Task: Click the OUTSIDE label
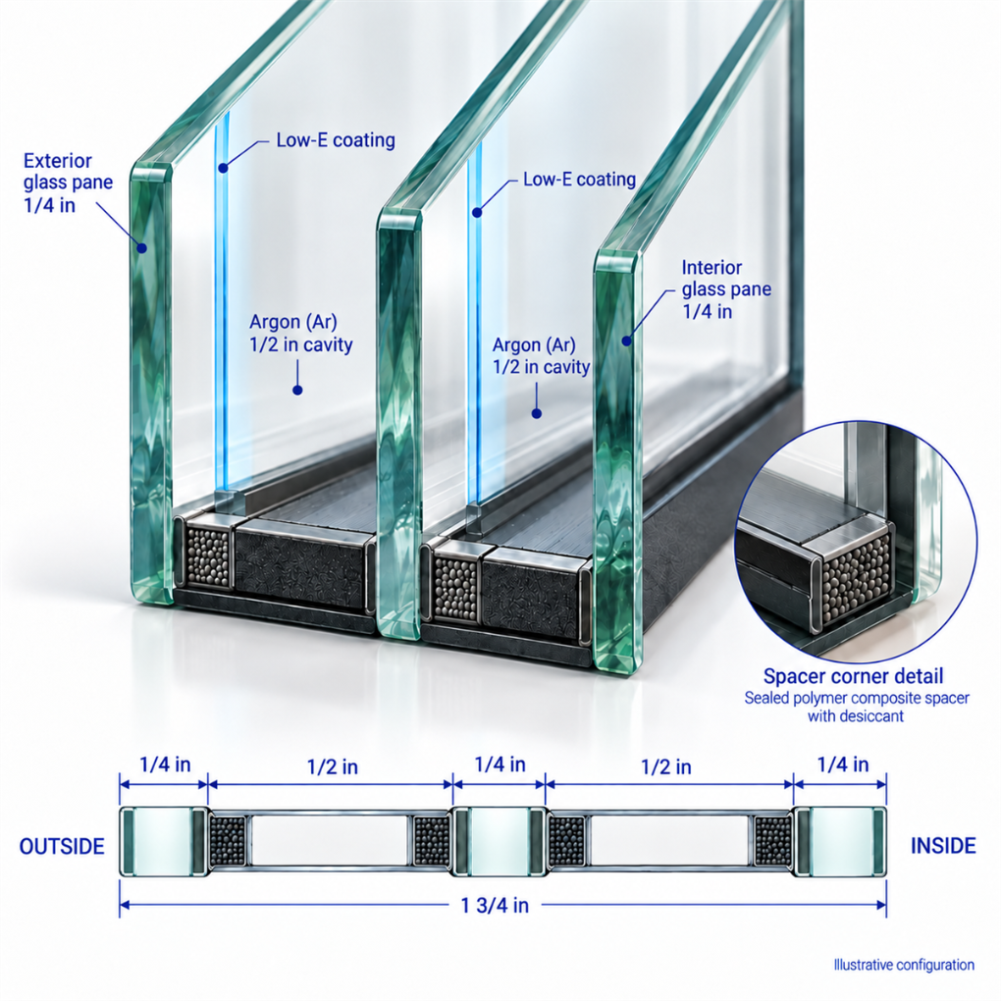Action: [x=62, y=846]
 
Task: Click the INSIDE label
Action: [x=943, y=845]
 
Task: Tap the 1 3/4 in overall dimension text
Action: [x=495, y=905]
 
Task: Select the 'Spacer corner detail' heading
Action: [x=853, y=676]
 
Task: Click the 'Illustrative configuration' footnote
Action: [x=904, y=965]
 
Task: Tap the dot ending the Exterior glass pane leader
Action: [x=141, y=247]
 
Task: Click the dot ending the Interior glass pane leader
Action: [x=626, y=342]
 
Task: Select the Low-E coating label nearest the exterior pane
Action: [x=336, y=139]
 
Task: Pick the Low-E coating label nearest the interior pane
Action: [x=579, y=180]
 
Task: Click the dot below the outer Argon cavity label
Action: [x=296, y=390]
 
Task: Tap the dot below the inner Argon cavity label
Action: [x=536, y=414]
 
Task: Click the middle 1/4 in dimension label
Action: [x=500, y=764]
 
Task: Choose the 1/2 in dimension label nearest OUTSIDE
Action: [x=332, y=766]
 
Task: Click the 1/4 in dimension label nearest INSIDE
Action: [x=843, y=764]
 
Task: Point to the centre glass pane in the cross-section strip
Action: [x=500, y=841]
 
